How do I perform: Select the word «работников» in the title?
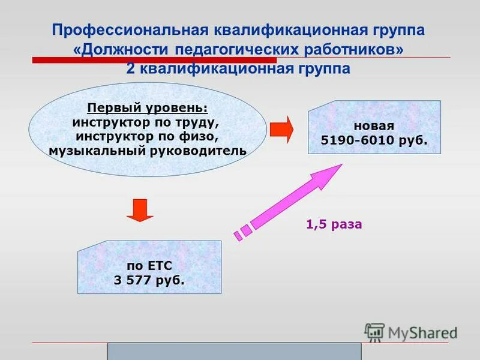[350, 49]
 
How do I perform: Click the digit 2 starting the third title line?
[130, 68]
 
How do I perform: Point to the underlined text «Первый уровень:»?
[148, 108]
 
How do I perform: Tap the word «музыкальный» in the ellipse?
[95, 150]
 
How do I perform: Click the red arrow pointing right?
[281, 130]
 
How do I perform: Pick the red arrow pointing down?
[140, 211]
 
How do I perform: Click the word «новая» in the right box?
[373, 127]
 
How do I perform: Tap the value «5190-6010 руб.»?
[373, 140]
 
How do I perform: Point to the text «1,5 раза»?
[334, 225]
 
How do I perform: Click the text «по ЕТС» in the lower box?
[150, 266]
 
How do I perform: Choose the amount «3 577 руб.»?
[149, 280]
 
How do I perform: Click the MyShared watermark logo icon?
[374, 332]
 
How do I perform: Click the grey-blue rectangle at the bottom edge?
[234, 352]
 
